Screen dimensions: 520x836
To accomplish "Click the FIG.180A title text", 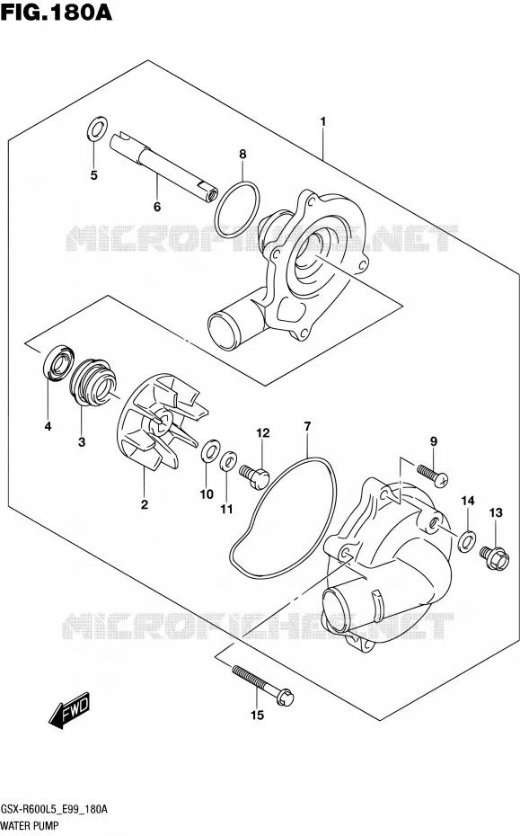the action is pyautogui.click(x=57, y=12).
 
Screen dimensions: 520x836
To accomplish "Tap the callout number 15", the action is pyautogui.click(x=258, y=715).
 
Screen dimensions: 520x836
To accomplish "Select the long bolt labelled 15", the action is pyautogui.click(x=262, y=685).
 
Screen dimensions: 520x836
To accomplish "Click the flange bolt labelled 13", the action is pyautogui.click(x=495, y=558).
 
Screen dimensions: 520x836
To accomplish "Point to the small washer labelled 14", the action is pyautogui.click(x=467, y=540).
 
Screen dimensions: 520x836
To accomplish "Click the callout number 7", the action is pyautogui.click(x=307, y=426).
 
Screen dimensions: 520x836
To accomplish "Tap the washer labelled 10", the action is pyautogui.click(x=211, y=450).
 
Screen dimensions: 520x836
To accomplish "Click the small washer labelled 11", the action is pyautogui.click(x=228, y=460).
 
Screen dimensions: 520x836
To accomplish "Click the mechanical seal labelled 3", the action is pyautogui.click(x=93, y=382).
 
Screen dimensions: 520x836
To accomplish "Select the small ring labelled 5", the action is pyautogui.click(x=96, y=129).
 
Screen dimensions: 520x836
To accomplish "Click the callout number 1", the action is pyautogui.click(x=323, y=121).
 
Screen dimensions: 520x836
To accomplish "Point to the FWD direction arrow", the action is pyautogui.click(x=70, y=710).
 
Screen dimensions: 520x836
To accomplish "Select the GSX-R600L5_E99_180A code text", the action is pyautogui.click(x=54, y=809).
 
